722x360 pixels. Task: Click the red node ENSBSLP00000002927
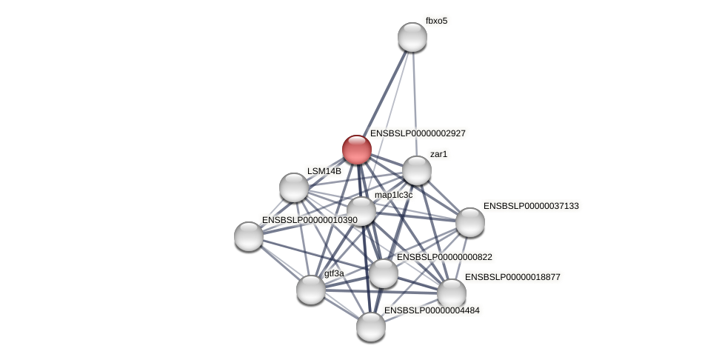(357, 150)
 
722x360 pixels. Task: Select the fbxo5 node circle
(412, 37)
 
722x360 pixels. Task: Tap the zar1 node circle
(417, 170)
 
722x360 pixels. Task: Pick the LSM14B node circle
(294, 187)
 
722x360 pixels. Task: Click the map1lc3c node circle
(361, 211)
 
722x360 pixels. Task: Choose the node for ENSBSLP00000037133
(470, 222)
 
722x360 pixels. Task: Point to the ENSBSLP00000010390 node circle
(249, 236)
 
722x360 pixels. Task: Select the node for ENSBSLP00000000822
(384, 273)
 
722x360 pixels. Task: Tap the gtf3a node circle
(311, 290)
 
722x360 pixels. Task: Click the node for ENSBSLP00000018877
(452, 293)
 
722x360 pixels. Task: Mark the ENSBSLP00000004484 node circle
(371, 327)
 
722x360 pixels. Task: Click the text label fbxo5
(436, 21)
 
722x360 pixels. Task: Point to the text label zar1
(438, 154)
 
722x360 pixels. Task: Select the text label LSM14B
(324, 171)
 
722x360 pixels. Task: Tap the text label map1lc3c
(393, 195)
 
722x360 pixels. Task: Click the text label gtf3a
(334, 273)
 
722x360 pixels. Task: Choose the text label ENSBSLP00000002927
(418, 133)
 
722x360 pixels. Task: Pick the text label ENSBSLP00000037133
(531, 205)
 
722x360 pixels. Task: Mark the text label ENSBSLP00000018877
(512, 277)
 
